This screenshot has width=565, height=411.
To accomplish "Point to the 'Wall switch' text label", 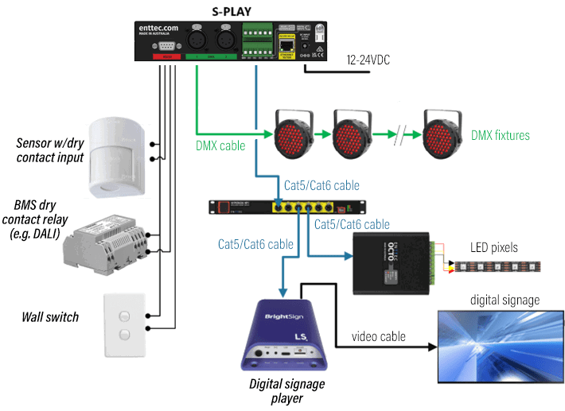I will tap(50, 317).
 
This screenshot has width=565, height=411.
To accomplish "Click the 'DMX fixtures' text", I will tap(501, 135).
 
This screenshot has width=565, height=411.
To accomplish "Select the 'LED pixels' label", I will tap(493, 247).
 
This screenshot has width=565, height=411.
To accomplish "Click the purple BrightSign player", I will tap(278, 335).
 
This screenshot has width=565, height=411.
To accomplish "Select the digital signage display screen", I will tap(500, 343).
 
